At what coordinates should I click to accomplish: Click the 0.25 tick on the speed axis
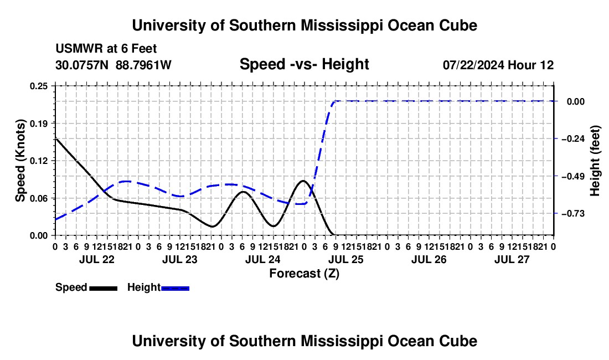[39, 86]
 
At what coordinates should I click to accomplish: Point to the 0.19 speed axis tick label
[39, 124]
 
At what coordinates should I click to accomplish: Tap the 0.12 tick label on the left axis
[39, 161]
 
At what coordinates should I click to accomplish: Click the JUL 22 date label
[97, 259]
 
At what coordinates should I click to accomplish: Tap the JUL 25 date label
[345, 259]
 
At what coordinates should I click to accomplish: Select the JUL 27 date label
[512, 259]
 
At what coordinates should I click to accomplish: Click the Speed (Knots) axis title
[20, 161]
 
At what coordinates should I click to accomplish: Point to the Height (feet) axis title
[595, 161]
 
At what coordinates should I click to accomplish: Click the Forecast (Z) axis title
[304, 274]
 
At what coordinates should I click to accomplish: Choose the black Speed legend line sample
[103, 288]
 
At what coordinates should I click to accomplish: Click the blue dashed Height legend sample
[175, 288]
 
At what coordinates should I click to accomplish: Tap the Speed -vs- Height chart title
[304, 64]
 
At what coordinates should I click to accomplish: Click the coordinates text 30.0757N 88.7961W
[113, 65]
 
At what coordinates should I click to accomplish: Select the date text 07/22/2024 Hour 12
[498, 65]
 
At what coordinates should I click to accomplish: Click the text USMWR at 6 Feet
[106, 49]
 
